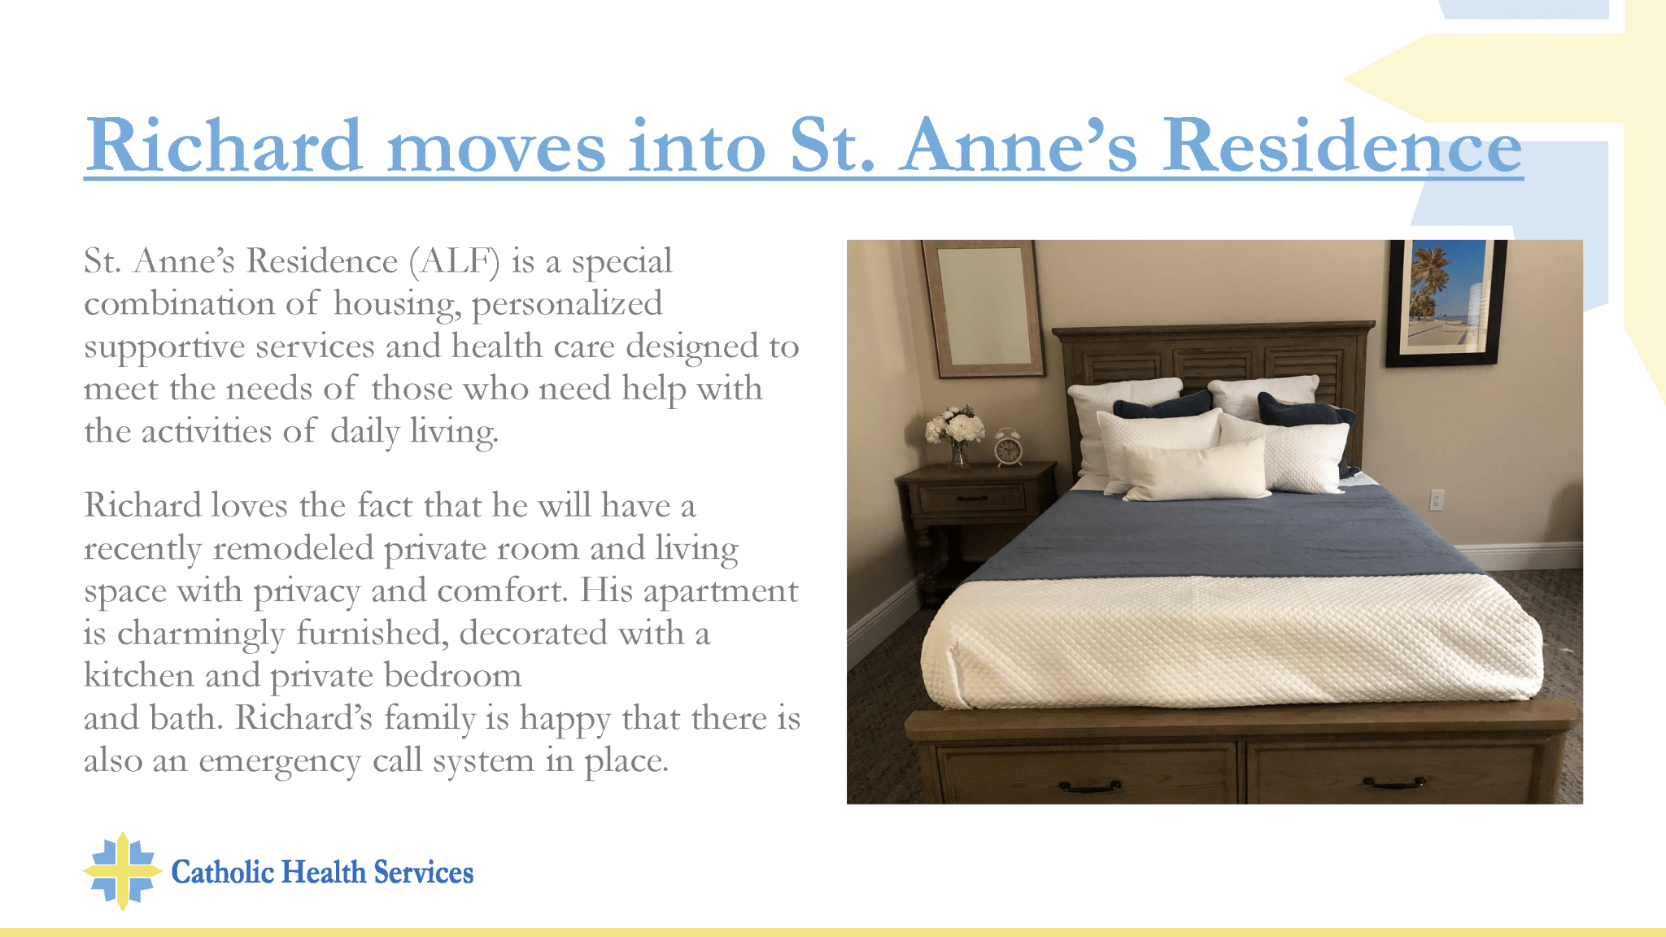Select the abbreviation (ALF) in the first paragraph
coord(455,262)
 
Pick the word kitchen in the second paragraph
coord(139,675)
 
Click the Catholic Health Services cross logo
coord(123,871)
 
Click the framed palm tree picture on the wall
coord(1446,303)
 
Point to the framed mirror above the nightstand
coord(983,309)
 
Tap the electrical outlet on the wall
coord(1437,499)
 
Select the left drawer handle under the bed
coord(1090,787)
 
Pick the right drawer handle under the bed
coord(1394,783)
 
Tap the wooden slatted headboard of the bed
coord(1212,358)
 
